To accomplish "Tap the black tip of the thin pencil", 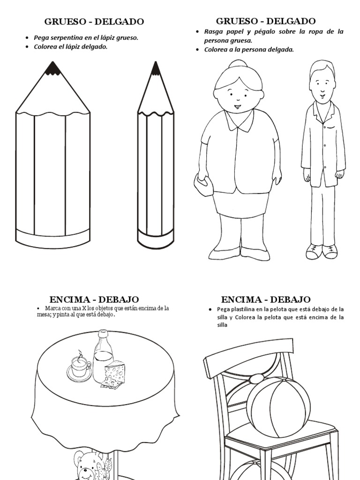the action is point(156,68).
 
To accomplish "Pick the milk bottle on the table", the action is point(103,356).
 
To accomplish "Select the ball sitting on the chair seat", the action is point(278,407).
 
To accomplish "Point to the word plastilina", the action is point(242,309).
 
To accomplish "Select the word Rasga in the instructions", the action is point(212,32).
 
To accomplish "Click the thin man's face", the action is point(321,87).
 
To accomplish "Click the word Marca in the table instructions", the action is point(52,308).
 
